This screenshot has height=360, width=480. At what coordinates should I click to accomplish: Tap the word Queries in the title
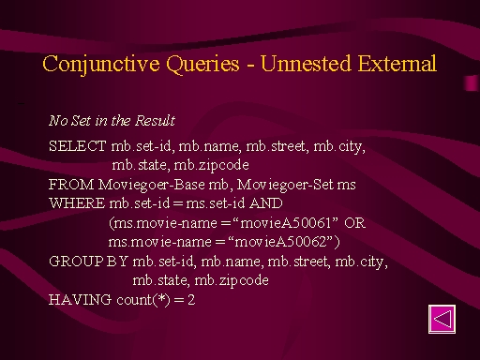(202, 65)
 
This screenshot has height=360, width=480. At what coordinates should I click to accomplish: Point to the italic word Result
(155, 121)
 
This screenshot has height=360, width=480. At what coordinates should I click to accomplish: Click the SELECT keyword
(78, 146)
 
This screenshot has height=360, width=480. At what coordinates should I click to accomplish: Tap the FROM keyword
(71, 185)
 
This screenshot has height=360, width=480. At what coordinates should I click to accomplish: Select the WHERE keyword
(77, 203)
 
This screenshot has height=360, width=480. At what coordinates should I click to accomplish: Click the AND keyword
(266, 203)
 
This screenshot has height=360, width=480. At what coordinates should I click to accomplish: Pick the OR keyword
(354, 223)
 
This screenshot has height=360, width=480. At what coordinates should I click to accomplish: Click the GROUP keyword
(76, 262)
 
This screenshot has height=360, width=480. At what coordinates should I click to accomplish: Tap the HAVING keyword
(80, 300)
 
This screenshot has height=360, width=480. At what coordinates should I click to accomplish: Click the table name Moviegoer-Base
(152, 185)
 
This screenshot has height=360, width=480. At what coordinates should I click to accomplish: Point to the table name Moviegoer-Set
(285, 185)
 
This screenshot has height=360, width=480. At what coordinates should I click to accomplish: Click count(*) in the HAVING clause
(143, 300)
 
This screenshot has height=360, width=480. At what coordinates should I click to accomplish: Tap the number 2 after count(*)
(191, 300)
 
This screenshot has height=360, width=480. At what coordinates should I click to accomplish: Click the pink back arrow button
(442, 319)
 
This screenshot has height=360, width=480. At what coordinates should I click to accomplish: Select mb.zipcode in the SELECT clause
(211, 165)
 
